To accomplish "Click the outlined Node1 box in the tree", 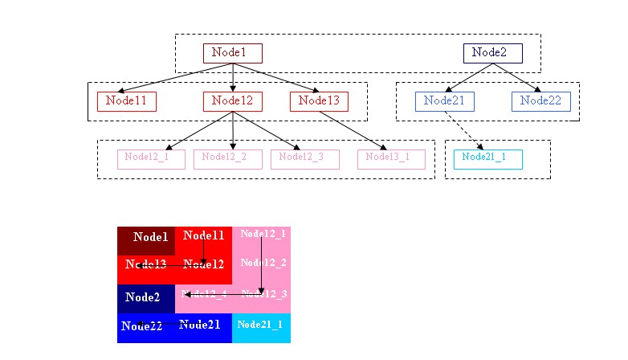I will point(232,53).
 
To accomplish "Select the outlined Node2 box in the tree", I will point(492,53).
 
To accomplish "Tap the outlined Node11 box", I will point(126,101).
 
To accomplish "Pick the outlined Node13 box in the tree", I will point(319,101).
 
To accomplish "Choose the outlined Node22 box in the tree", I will point(540,101).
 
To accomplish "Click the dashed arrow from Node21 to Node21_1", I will point(464,130).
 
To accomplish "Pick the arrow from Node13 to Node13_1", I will point(353,129).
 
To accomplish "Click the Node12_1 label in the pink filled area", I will point(263,234).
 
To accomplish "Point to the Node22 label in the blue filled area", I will point(141,326).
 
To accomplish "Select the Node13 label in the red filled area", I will point(145,264).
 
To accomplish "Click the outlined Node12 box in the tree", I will point(232,101).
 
